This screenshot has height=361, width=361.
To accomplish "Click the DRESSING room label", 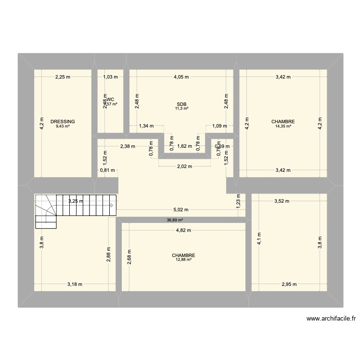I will [x=63, y=122].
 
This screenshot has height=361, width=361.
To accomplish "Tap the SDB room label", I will [x=181, y=104].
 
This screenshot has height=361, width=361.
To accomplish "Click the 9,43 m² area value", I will [x=63, y=127].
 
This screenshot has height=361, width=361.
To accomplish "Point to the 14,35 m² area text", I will [x=284, y=127].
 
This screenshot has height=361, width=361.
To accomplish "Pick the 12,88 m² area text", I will [x=181, y=260].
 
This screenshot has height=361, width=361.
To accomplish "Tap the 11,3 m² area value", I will [x=181, y=109].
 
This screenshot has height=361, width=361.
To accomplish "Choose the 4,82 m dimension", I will [x=183, y=230].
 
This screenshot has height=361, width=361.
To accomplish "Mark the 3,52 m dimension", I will [x=283, y=201].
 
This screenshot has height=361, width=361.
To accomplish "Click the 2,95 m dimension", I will [x=290, y=284].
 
